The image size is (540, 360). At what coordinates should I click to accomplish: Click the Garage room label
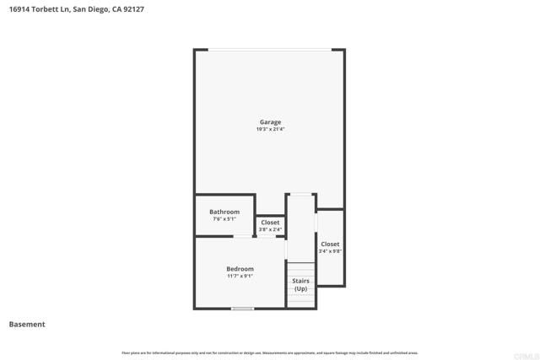pos(270,122)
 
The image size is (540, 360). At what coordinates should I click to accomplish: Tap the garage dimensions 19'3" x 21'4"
pos(270,129)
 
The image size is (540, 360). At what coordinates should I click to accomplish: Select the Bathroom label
pos(224,212)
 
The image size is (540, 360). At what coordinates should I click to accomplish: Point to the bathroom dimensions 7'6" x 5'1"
pos(224,219)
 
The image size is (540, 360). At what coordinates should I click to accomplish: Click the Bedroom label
pos(240,269)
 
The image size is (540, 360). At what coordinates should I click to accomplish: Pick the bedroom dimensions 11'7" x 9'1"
pos(240,276)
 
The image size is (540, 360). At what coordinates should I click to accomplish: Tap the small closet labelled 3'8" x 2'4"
pos(270,226)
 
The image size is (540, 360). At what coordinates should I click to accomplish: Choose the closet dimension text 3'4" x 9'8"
pos(329,251)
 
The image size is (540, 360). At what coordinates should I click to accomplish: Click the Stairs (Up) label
pos(300,284)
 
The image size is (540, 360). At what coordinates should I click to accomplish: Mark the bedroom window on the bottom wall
pos(243,309)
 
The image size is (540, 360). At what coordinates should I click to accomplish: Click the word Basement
pos(27,325)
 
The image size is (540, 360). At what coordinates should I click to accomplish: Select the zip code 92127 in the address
pos(133,9)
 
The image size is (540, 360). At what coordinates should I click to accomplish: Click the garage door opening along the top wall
pos(270,50)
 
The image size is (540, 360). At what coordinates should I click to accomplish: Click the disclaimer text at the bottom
pos(270,352)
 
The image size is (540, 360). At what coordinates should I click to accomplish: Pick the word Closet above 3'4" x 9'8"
pos(329,244)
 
